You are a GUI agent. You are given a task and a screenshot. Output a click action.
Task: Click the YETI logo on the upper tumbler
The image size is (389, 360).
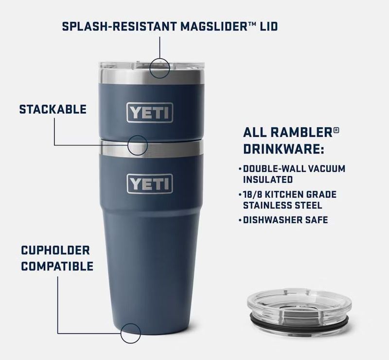pos(150,112)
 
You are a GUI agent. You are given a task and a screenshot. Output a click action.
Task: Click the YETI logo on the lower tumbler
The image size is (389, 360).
pos(150,184)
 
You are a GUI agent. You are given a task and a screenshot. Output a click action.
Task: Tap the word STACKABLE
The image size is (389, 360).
pos(53,109)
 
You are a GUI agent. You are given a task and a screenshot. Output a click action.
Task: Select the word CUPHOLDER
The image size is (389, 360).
pos(55,250)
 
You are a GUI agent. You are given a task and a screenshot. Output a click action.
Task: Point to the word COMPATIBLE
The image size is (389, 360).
pos(57,266)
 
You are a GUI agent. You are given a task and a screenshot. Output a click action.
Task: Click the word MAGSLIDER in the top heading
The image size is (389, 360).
pos(214,26)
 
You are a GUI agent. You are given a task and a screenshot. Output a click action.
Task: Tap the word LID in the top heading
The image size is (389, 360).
pos(269,26)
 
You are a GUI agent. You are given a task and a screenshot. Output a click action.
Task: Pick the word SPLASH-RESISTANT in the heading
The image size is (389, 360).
pos(120,26)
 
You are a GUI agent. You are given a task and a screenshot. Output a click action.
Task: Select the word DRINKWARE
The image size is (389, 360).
pos(283,149)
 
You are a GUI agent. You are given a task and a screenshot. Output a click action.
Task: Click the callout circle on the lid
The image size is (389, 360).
pos(160,68)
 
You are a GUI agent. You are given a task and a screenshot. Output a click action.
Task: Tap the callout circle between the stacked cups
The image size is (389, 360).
pos(138,145)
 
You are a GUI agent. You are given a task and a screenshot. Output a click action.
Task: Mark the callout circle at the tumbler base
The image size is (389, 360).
pos(130,333)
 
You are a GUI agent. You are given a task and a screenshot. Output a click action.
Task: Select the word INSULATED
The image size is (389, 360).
pos(268,180)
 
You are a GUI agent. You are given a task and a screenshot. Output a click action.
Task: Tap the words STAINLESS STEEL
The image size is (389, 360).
pos(283,205)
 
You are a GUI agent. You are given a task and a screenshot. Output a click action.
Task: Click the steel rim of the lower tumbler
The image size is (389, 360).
pos(152,148)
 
